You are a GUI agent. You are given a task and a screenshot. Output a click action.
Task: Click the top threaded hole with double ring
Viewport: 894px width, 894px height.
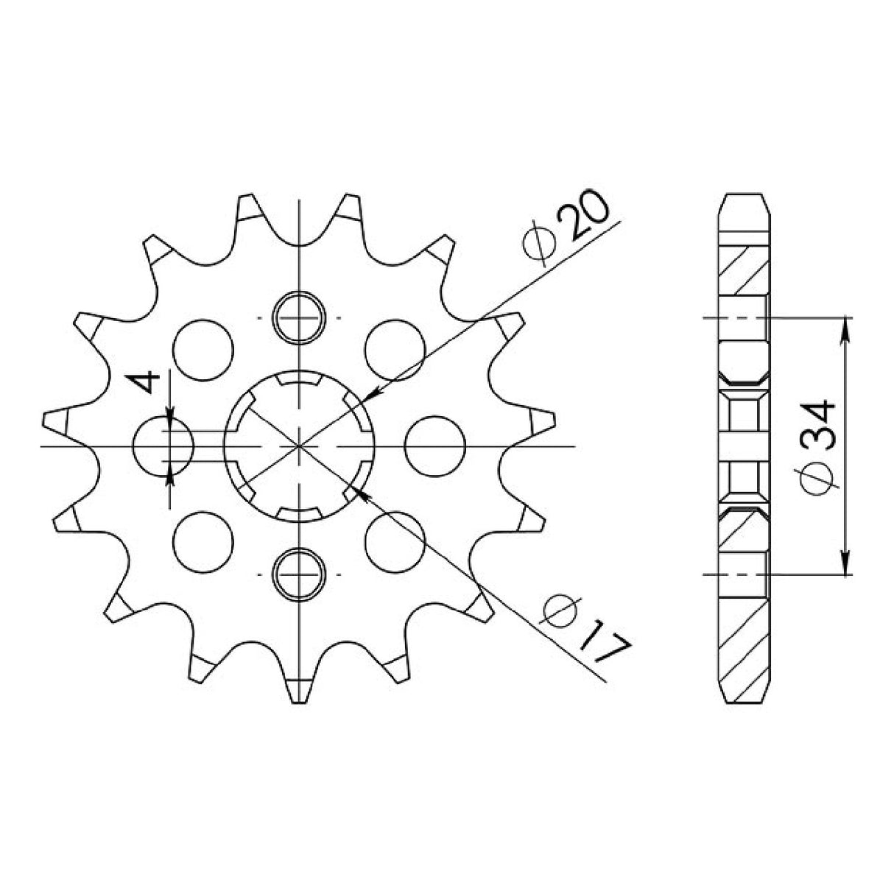(x=300, y=317)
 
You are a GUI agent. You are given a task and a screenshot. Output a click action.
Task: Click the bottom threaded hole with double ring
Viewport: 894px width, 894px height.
(x=300, y=574)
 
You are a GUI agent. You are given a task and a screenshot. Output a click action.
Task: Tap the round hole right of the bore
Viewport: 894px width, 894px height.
(x=435, y=446)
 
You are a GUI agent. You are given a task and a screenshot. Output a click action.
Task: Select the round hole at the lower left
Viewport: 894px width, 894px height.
(x=203, y=541)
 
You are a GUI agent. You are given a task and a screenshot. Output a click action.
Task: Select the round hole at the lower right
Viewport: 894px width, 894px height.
(x=396, y=541)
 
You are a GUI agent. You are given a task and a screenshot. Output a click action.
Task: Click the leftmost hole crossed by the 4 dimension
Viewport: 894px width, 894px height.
(x=163, y=446)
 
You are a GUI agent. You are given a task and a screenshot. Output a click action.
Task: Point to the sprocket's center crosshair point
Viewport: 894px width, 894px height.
(x=300, y=446)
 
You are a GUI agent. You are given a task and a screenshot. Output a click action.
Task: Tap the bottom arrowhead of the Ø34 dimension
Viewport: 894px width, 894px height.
(x=845, y=566)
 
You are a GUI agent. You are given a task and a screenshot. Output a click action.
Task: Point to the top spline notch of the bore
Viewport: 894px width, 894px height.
(x=300, y=380)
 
